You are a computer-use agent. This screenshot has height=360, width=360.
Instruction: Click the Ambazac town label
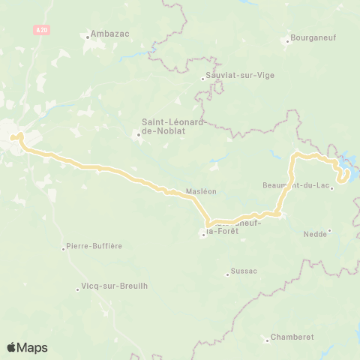106,34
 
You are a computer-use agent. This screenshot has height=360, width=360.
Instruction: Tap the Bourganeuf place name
313,34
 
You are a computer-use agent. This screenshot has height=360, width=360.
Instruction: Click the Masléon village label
201,192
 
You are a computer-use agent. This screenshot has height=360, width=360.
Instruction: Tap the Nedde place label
315,234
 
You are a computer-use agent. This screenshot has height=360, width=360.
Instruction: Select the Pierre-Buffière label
94,246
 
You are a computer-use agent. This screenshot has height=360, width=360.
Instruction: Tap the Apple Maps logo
26,347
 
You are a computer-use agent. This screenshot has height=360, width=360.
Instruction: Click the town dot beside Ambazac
87,34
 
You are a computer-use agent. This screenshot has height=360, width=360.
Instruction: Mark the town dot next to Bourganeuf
287,41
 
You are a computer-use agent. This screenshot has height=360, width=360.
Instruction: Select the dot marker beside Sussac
227,274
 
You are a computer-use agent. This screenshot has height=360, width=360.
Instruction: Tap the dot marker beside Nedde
331,234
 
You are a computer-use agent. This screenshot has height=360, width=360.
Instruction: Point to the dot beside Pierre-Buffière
64,248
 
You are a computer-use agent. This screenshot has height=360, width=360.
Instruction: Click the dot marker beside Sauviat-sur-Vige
203,76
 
